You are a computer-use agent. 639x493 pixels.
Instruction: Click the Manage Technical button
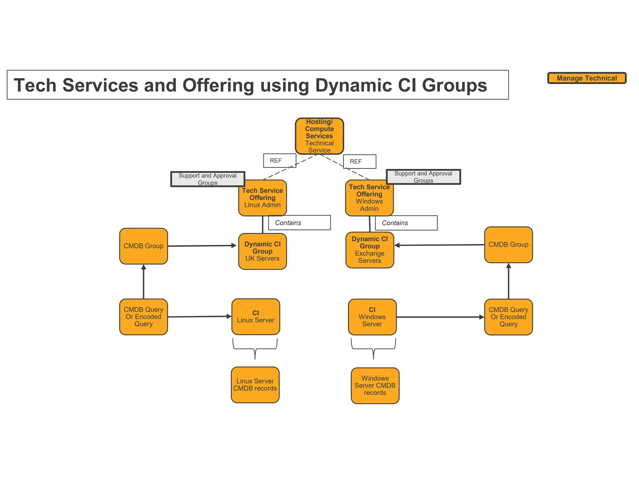[x=587, y=78]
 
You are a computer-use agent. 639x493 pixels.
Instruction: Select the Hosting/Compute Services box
[x=319, y=136]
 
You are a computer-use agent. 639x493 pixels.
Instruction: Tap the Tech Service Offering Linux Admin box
[x=262, y=198]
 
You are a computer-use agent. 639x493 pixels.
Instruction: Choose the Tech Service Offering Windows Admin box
[x=369, y=198]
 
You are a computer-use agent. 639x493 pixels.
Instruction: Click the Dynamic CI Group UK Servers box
[x=262, y=251]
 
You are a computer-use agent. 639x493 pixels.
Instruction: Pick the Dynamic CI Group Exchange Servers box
[x=370, y=250]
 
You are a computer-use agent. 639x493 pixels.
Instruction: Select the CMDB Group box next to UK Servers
[x=144, y=246]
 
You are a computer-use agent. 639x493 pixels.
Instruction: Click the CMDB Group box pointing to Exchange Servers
[x=508, y=245]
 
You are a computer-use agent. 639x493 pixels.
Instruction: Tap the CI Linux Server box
[x=256, y=317]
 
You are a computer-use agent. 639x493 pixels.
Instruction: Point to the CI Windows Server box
[x=372, y=317]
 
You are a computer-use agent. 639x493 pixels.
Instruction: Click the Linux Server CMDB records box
[x=255, y=385]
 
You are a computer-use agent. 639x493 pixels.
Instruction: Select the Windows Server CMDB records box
[x=375, y=385]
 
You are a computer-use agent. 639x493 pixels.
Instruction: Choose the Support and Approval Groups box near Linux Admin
[x=207, y=179]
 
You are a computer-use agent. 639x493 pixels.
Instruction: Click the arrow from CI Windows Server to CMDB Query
[x=440, y=317]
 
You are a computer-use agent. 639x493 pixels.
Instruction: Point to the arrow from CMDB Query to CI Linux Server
[x=200, y=317]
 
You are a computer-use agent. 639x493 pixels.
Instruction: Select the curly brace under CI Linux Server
[x=255, y=349]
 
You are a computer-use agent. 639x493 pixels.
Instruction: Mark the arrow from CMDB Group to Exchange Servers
[x=440, y=245]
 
